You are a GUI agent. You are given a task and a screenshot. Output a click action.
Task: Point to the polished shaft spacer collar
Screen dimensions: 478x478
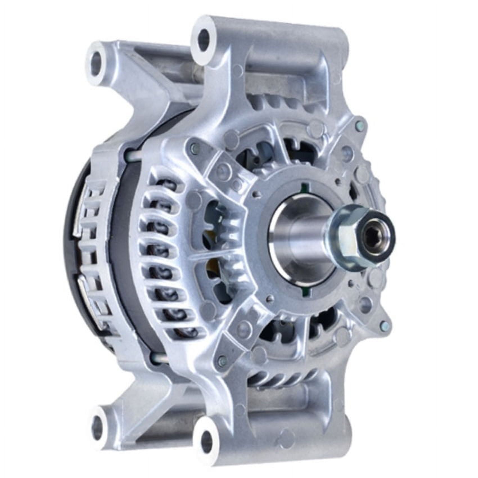(x=298, y=239)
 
